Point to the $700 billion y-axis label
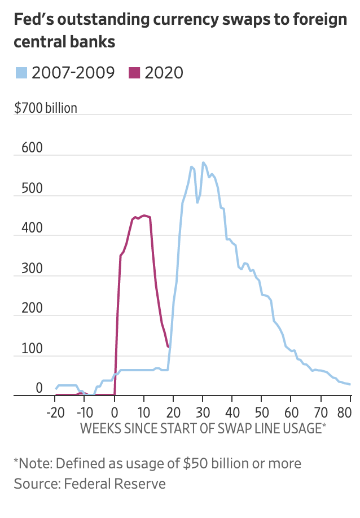[x=46, y=108]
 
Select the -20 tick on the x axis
[x=55, y=410]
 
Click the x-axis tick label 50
[x=262, y=410]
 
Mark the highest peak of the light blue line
[x=203, y=163]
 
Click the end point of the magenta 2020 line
[x=168, y=346]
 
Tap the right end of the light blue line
[x=350, y=384]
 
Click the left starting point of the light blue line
[x=55, y=389]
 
